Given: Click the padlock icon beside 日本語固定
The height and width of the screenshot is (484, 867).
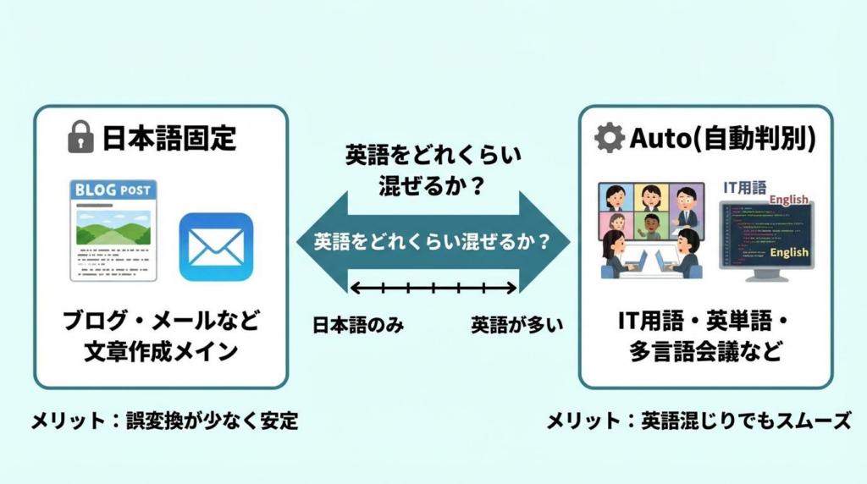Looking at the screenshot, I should click(x=80, y=136).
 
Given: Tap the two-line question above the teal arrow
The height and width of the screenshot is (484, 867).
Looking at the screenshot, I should click(x=433, y=170).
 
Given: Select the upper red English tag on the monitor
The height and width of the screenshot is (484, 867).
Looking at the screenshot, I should click(x=789, y=201).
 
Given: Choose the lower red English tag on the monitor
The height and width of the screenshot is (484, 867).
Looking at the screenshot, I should click(x=789, y=252).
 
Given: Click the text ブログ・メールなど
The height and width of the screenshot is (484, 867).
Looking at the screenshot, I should click(x=162, y=322).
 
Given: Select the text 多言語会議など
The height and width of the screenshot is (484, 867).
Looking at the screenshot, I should click(x=704, y=351).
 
